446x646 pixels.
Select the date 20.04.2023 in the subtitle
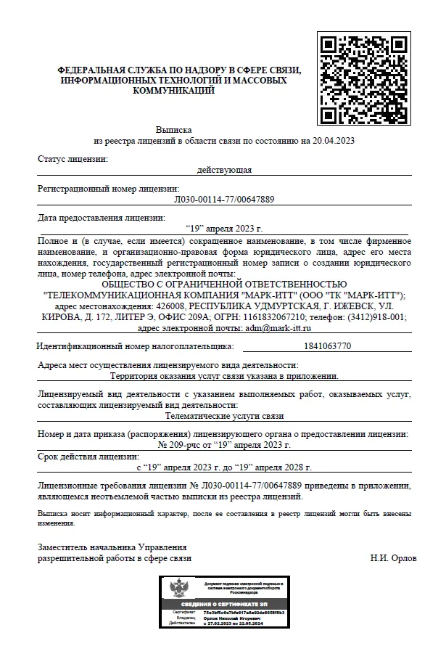pos(333,140)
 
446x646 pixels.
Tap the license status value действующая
pos(224,170)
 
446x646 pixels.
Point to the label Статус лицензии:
pos(73,158)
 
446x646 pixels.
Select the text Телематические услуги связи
pos(224,416)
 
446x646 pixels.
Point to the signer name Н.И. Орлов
pos(393,558)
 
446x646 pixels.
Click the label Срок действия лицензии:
pos(88,457)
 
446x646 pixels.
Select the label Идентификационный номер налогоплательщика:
pos(138,347)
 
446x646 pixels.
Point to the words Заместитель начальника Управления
pos(112,547)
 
